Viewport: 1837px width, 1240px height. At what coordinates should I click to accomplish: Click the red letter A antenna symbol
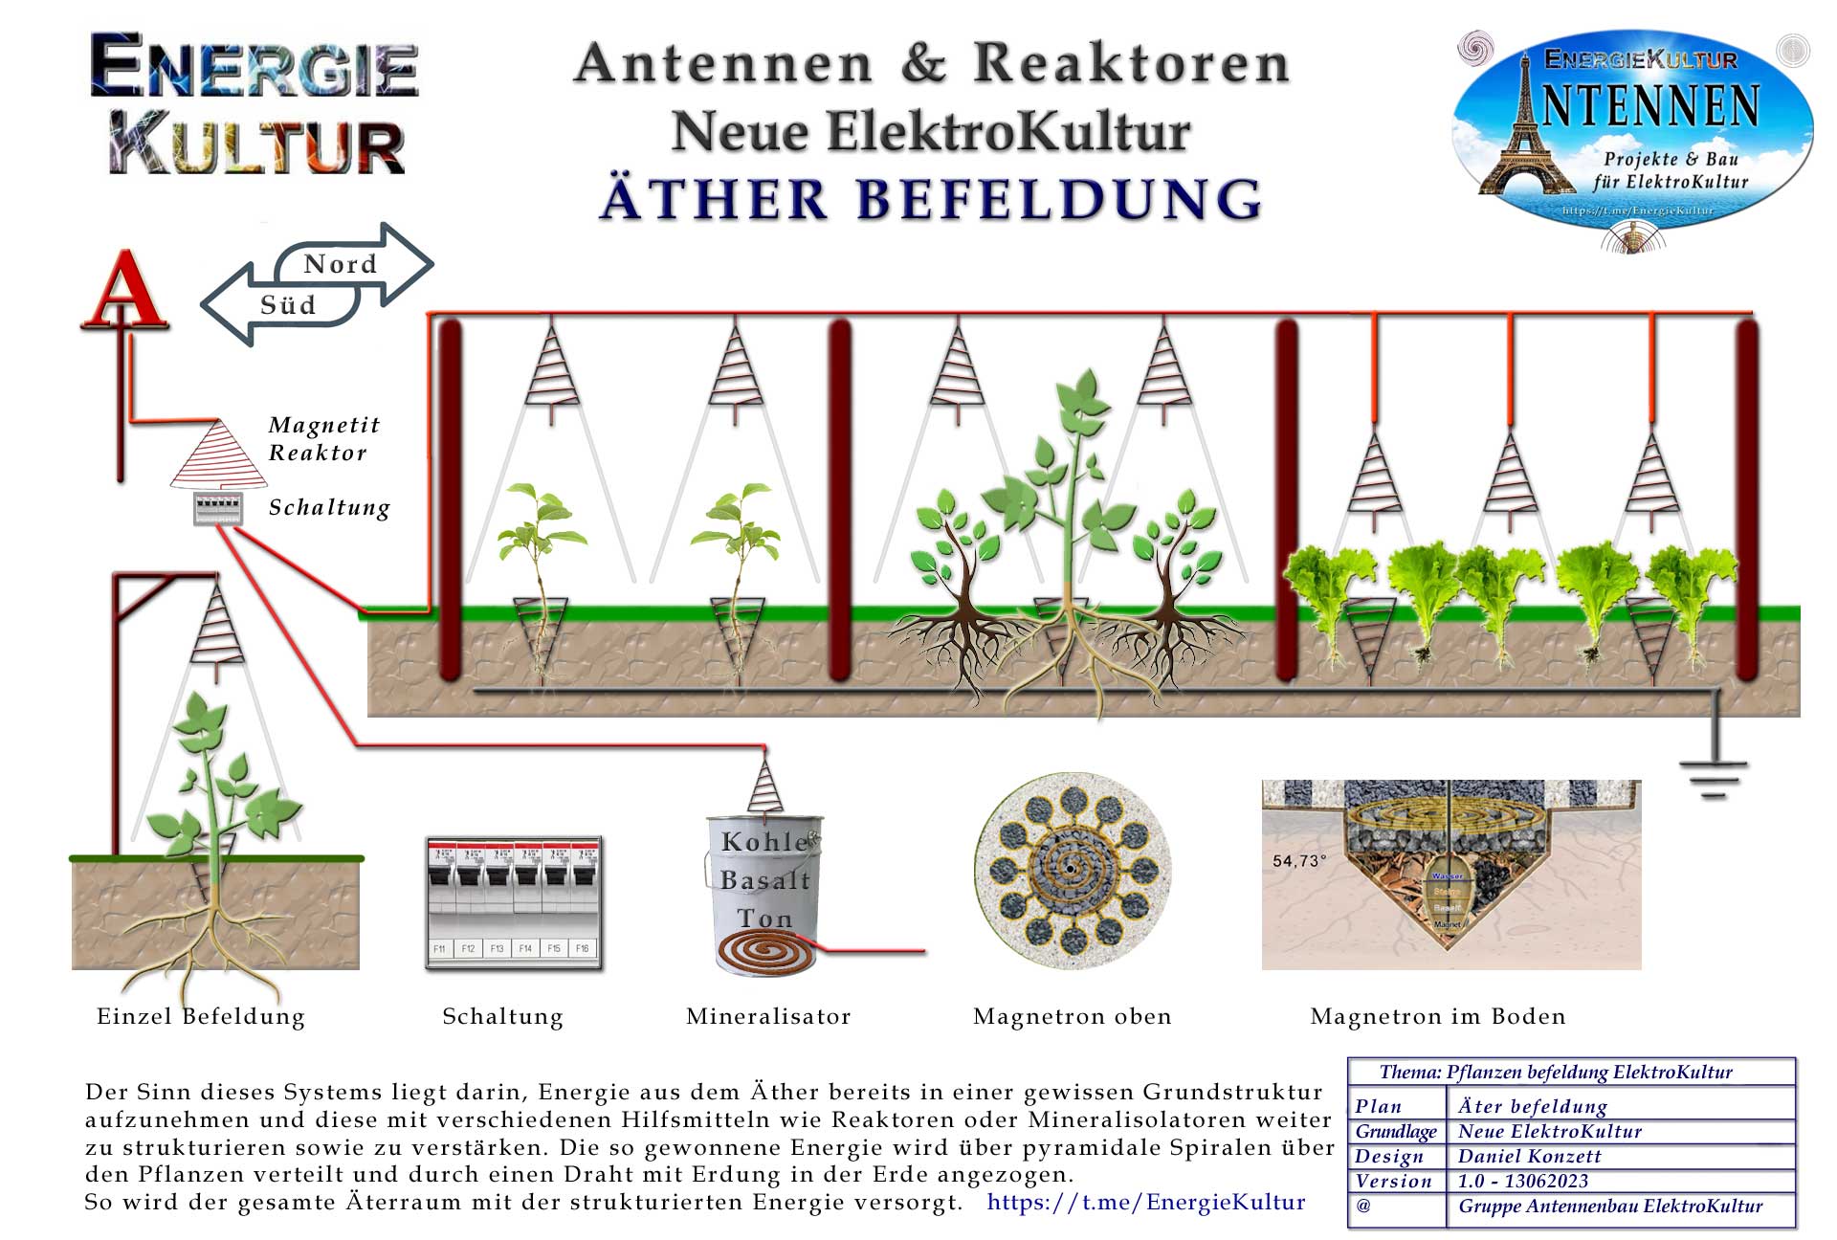(125, 290)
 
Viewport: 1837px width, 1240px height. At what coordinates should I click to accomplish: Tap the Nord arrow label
(341, 264)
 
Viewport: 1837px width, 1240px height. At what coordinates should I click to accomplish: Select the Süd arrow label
(287, 305)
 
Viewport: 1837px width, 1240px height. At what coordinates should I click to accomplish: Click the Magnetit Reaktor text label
(323, 438)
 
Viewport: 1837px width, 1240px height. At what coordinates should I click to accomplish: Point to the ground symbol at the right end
(1713, 777)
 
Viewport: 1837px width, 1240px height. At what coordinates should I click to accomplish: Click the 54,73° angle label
(1298, 861)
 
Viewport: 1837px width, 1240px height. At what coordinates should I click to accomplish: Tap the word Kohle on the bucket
(765, 842)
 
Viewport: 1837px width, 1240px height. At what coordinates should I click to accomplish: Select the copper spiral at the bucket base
(766, 953)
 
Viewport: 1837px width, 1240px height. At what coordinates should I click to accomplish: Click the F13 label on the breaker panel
(497, 948)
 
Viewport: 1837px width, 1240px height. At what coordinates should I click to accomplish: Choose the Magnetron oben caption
(1072, 1016)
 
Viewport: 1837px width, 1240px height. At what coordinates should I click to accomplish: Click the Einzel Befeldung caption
(201, 1016)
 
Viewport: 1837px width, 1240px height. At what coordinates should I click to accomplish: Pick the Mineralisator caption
(768, 1016)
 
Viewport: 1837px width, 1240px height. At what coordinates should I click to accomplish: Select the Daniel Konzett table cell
(1529, 1156)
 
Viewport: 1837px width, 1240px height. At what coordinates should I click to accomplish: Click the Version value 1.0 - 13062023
(1522, 1181)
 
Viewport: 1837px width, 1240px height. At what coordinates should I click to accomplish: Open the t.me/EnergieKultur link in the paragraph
(1146, 1202)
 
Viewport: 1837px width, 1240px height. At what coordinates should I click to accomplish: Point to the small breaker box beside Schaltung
(217, 508)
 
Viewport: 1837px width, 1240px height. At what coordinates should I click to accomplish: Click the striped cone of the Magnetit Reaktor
(219, 455)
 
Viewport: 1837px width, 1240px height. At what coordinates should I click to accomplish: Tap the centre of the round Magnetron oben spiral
(1071, 869)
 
